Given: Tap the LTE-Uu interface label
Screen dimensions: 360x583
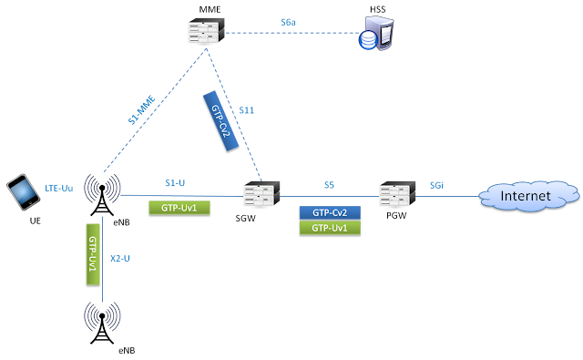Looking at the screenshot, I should point(59,188).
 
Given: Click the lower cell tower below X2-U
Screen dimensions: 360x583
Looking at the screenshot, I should point(102,323).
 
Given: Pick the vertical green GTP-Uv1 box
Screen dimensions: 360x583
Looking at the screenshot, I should point(92,254).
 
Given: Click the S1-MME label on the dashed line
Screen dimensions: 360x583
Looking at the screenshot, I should point(142,109).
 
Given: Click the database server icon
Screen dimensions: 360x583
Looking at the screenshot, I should point(377,33).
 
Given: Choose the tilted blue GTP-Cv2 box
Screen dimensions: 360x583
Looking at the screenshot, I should point(216,116).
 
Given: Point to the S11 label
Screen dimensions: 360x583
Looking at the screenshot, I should point(247,110).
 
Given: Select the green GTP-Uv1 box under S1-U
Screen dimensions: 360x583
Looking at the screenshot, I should point(179,208).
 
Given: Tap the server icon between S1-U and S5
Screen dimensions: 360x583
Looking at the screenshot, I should point(261,194).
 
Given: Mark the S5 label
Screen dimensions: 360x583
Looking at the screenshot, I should point(329,185).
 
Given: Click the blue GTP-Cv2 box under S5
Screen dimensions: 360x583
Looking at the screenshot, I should point(329,211).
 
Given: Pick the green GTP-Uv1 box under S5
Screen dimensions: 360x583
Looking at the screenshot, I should point(329,228).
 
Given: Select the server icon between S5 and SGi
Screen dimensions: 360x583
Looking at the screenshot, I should point(397,194).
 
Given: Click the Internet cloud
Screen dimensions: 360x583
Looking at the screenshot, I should point(527,194).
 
